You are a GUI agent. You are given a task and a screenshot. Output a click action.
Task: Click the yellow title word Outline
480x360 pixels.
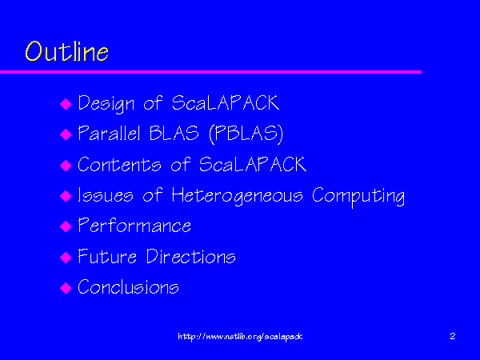(x=66, y=51)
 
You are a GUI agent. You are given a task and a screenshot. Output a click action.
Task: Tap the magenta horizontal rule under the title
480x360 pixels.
(x=210, y=72)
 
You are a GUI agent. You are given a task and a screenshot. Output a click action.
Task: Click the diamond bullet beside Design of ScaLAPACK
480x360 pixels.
(x=66, y=104)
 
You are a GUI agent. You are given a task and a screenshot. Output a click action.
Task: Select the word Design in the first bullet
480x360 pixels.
(x=106, y=104)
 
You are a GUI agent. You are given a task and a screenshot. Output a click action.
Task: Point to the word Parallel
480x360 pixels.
(x=109, y=133)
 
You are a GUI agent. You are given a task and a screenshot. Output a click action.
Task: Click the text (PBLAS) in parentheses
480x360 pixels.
(x=246, y=134)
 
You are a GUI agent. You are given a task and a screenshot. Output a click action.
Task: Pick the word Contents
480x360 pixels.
(x=119, y=164)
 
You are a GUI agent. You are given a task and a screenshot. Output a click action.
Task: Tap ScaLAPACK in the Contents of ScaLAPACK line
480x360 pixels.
(x=253, y=164)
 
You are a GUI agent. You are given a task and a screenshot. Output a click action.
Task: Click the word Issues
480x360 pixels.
(x=106, y=194)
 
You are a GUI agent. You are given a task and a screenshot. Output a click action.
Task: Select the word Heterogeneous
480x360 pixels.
(x=238, y=196)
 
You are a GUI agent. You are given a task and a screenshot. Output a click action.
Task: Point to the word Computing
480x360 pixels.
(x=358, y=197)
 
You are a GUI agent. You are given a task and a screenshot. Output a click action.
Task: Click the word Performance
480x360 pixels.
(x=134, y=226)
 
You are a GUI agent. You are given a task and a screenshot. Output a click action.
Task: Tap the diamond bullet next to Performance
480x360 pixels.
(x=66, y=226)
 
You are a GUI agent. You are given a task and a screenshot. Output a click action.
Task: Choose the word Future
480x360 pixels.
(x=107, y=256)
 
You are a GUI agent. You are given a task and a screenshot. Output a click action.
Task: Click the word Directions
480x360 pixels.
(x=191, y=256)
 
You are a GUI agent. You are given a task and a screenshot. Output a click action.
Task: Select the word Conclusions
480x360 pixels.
(x=128, y=286)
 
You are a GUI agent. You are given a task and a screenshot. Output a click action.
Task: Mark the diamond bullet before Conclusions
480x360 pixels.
(x=66, y=288)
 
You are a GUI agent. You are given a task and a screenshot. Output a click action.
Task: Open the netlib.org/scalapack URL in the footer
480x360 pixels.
(x=240, y=337)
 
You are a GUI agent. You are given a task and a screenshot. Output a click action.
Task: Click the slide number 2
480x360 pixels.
(x=453, y=336)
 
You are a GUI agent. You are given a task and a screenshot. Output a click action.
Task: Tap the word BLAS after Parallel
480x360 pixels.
(x=174, y=133)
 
